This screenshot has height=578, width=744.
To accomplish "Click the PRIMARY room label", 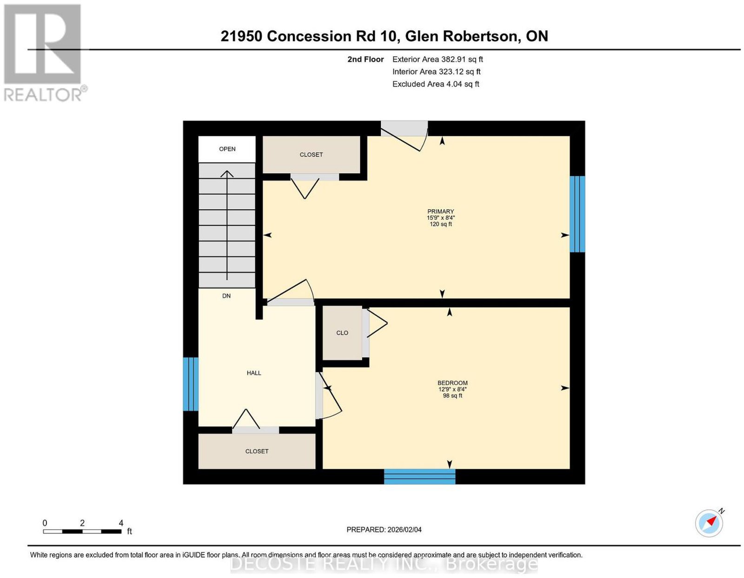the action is point(440,212).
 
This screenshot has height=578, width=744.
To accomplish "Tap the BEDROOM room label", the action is point(452,383).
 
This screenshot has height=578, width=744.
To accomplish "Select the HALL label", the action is point(254,373).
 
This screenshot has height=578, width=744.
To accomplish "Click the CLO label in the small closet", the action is point(342,332).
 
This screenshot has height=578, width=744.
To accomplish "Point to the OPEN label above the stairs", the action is point(227,149).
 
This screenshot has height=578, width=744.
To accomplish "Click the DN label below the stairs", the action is point(226,296).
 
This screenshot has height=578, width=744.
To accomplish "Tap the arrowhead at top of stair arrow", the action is point(226,173).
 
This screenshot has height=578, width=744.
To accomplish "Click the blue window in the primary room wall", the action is point(577,214).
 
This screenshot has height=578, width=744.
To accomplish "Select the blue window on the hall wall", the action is point(190,384).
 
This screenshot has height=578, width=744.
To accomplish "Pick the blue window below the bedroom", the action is point(419,476).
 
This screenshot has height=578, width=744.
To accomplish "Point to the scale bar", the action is point(82,531).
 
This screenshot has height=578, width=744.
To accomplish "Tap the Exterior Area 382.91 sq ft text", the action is point(437,59).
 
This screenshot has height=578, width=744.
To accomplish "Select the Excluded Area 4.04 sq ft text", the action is point(436,84).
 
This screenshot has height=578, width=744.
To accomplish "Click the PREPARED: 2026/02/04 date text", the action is point(384,529).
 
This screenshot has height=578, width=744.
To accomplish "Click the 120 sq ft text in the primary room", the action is point(441,224).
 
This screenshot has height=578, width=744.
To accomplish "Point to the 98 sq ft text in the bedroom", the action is point(452,396).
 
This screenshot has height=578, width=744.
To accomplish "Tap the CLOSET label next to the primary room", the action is point(311,155).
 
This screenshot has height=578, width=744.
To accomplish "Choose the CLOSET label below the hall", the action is point(257,452).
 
